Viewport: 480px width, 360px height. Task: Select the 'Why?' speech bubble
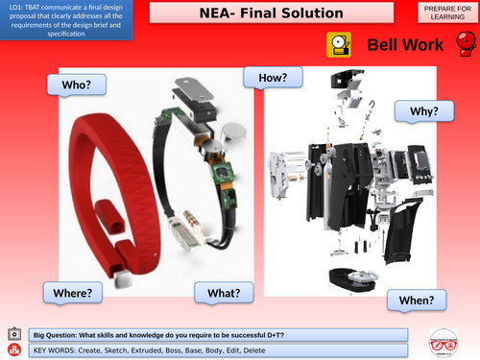click(x=423, y=111)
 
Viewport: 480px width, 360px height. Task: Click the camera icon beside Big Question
click(x=14, y=333)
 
